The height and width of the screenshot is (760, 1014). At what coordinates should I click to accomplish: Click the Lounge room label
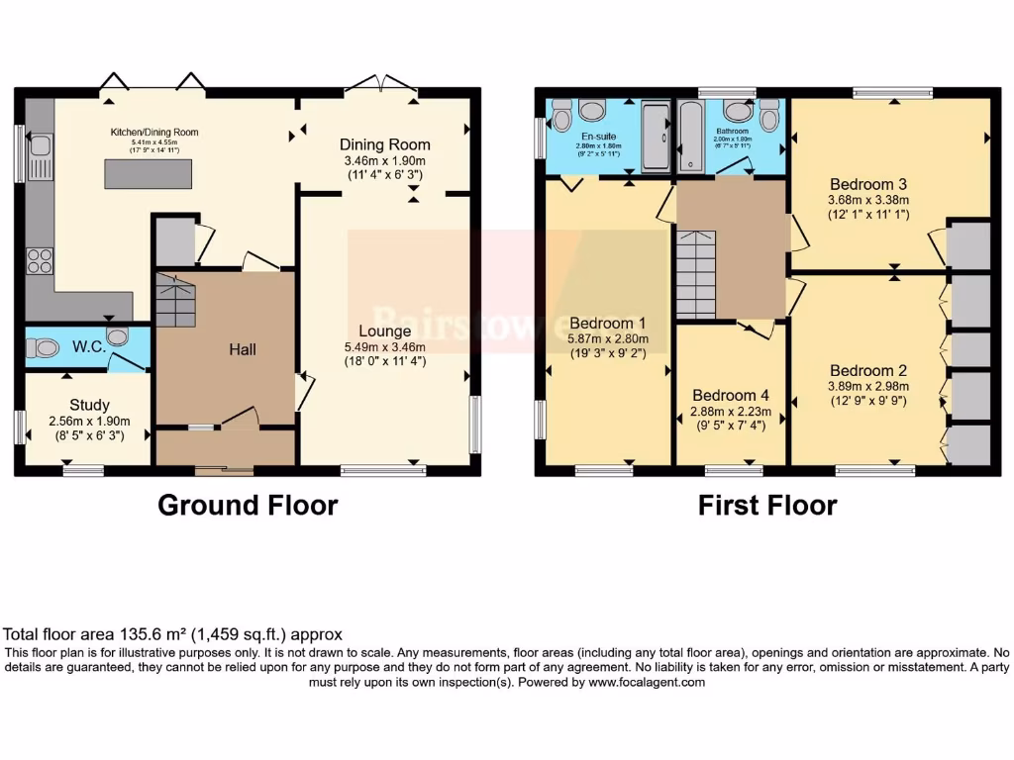[385, 331]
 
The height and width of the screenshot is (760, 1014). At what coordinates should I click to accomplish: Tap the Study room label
[89, 405]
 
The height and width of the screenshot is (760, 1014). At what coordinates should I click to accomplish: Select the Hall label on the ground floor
[243, 349]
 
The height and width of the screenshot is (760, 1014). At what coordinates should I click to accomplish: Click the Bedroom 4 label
[731, 394]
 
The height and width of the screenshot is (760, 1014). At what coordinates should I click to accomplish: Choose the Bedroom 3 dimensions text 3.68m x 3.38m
[868, 201]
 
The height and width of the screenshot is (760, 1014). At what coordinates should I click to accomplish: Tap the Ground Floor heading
[248, 505]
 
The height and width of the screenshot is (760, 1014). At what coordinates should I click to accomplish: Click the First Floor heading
[767, 505]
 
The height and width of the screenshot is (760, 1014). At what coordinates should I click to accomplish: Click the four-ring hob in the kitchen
[40, 261]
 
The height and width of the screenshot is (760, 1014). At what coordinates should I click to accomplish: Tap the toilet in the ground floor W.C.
[44, 348]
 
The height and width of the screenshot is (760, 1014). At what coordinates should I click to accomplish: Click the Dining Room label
[385, 144]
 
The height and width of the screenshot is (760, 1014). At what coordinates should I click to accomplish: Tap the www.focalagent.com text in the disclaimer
[647, 682]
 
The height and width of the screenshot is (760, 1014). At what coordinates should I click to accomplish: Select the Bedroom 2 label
[868, 370]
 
